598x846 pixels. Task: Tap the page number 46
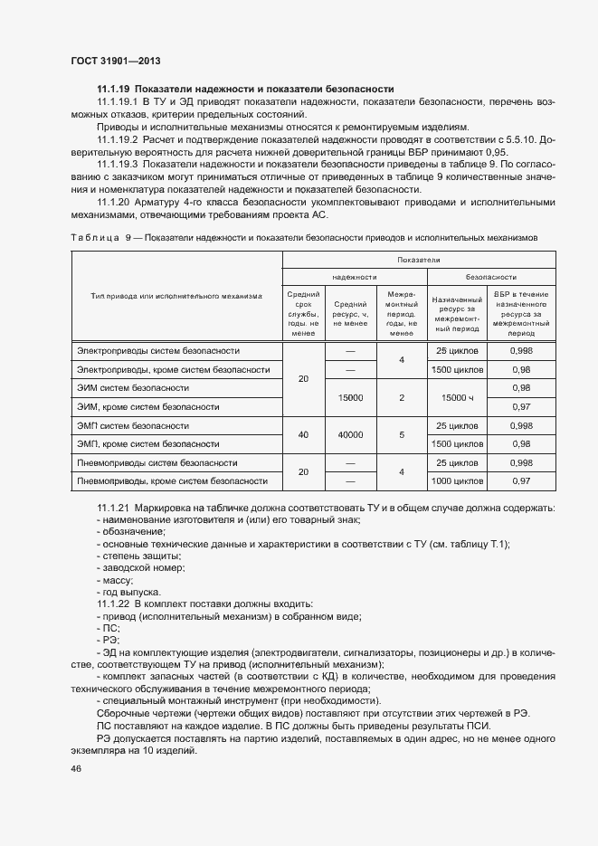[76, 768]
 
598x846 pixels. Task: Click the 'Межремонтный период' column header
[401, 313]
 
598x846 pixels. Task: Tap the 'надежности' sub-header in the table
[354, 277]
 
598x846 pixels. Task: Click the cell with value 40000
[350, 434]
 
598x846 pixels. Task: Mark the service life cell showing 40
[303, 434]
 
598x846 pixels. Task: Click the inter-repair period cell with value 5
[401, 434]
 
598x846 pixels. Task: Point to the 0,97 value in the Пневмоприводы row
[521, 481]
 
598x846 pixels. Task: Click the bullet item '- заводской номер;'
[140, 567]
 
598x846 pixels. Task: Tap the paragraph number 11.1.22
[113, 604]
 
